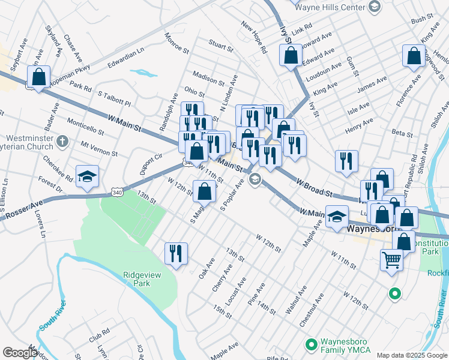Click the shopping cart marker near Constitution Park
[391, 260]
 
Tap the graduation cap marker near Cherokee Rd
[88, 176]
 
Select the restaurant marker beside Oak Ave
[176, 253]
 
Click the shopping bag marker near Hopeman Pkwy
[38, 77]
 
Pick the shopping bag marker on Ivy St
[291, 55]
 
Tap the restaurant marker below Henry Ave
[346, 160]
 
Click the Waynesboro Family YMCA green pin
[311, 344]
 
